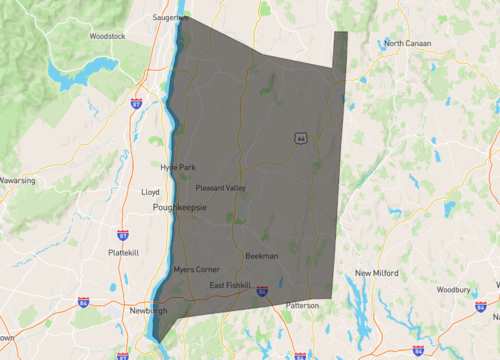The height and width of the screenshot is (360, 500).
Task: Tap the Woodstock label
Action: [x=106, y=36]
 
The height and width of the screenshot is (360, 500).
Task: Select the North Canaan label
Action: [x=406, y=43]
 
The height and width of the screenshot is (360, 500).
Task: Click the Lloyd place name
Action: [x=150, y=190]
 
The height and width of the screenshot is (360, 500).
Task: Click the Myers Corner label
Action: [x=195, y=270]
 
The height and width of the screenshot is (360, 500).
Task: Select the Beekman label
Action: [x=261, y=256]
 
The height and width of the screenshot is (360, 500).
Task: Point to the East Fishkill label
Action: [x=230, y=286]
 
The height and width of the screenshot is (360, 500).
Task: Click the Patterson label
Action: [x=301, y=305]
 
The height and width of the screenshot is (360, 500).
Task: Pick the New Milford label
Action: [x=378, y=273]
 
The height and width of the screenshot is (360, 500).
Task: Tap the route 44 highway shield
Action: [x=300, y=138]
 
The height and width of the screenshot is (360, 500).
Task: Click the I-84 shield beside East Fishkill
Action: [x=262, y=292]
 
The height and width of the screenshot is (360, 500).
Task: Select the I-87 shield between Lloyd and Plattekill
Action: [x=122, y=235]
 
